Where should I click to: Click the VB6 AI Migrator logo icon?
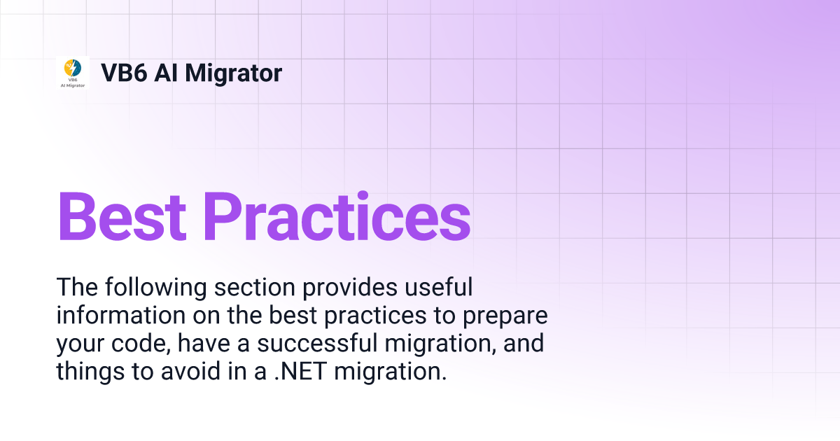click(73, 72)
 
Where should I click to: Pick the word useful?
click(439, 288)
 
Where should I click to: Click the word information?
click(115, 316)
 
